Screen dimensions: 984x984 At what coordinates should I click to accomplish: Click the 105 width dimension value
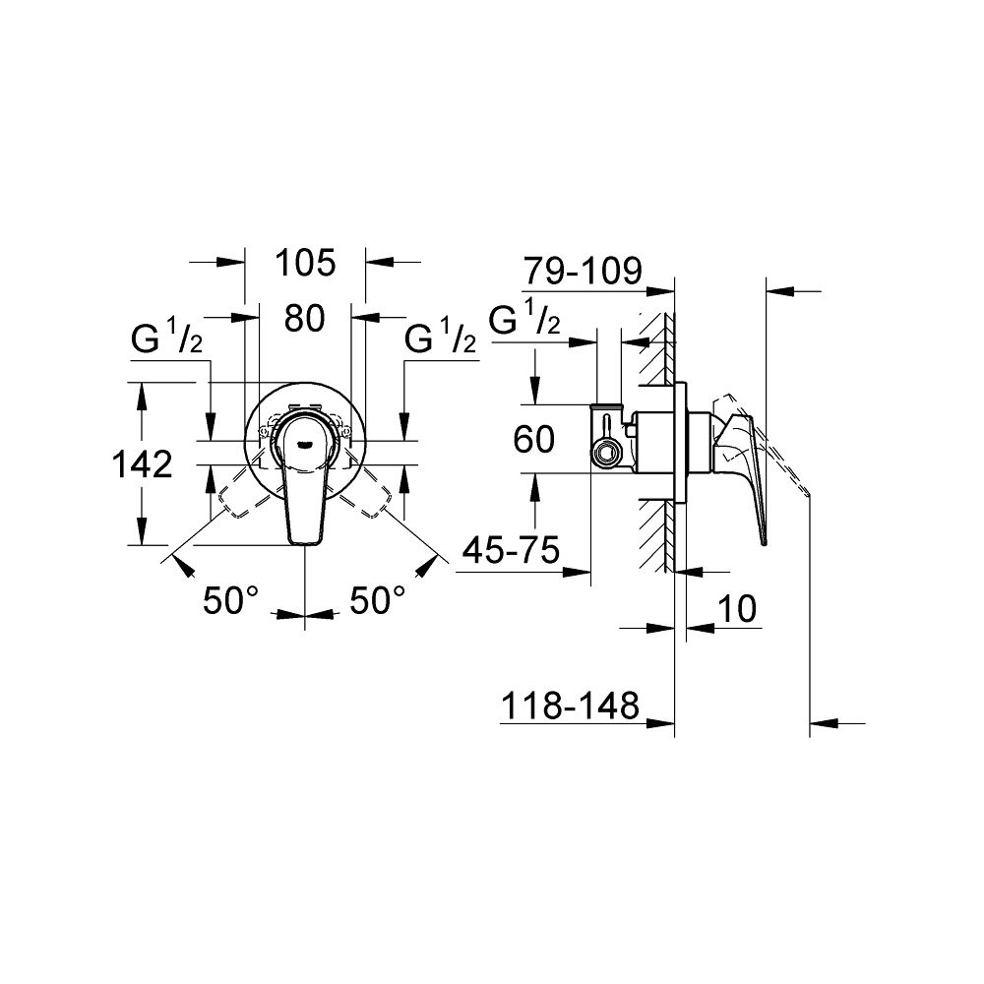tap(305, 263)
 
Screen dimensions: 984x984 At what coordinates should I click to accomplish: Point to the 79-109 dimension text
tap(583, 269)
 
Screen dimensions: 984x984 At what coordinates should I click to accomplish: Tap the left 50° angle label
tap(230, 600)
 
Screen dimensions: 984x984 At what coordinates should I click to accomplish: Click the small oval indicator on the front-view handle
tap(305, 443)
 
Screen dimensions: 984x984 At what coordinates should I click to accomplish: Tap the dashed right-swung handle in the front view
tap(375, 498)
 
